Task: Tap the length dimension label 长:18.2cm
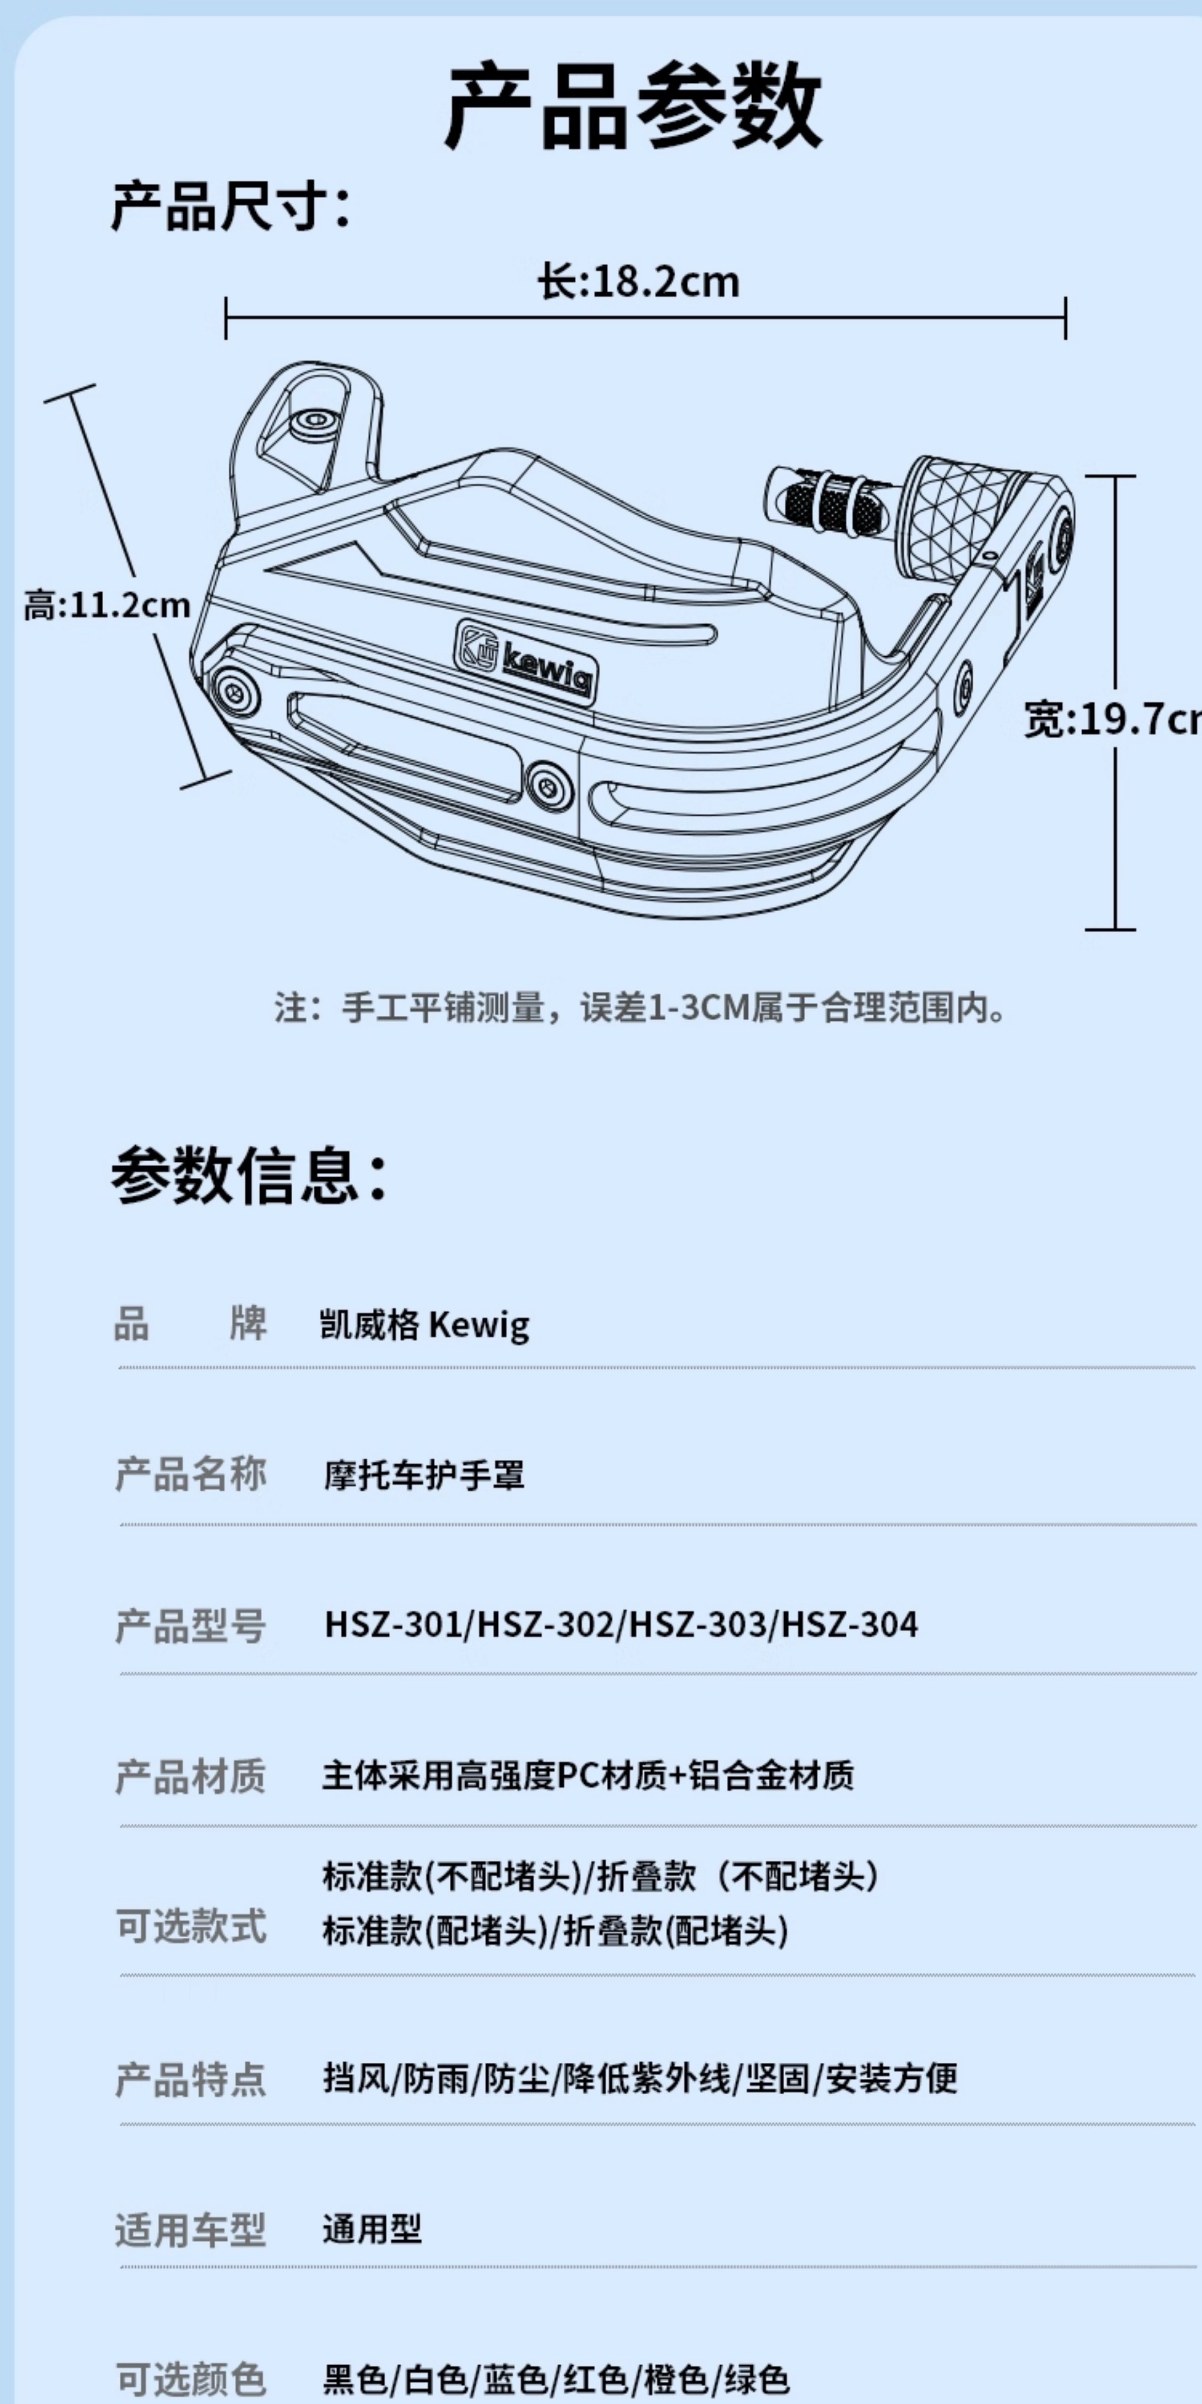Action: (x=638, y=282)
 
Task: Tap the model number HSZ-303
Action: (x=697, y=1625)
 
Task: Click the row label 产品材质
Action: (x=190, y=1776)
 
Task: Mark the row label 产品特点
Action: (x=190, y=2078)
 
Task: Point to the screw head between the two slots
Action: (x=549, y=783)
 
